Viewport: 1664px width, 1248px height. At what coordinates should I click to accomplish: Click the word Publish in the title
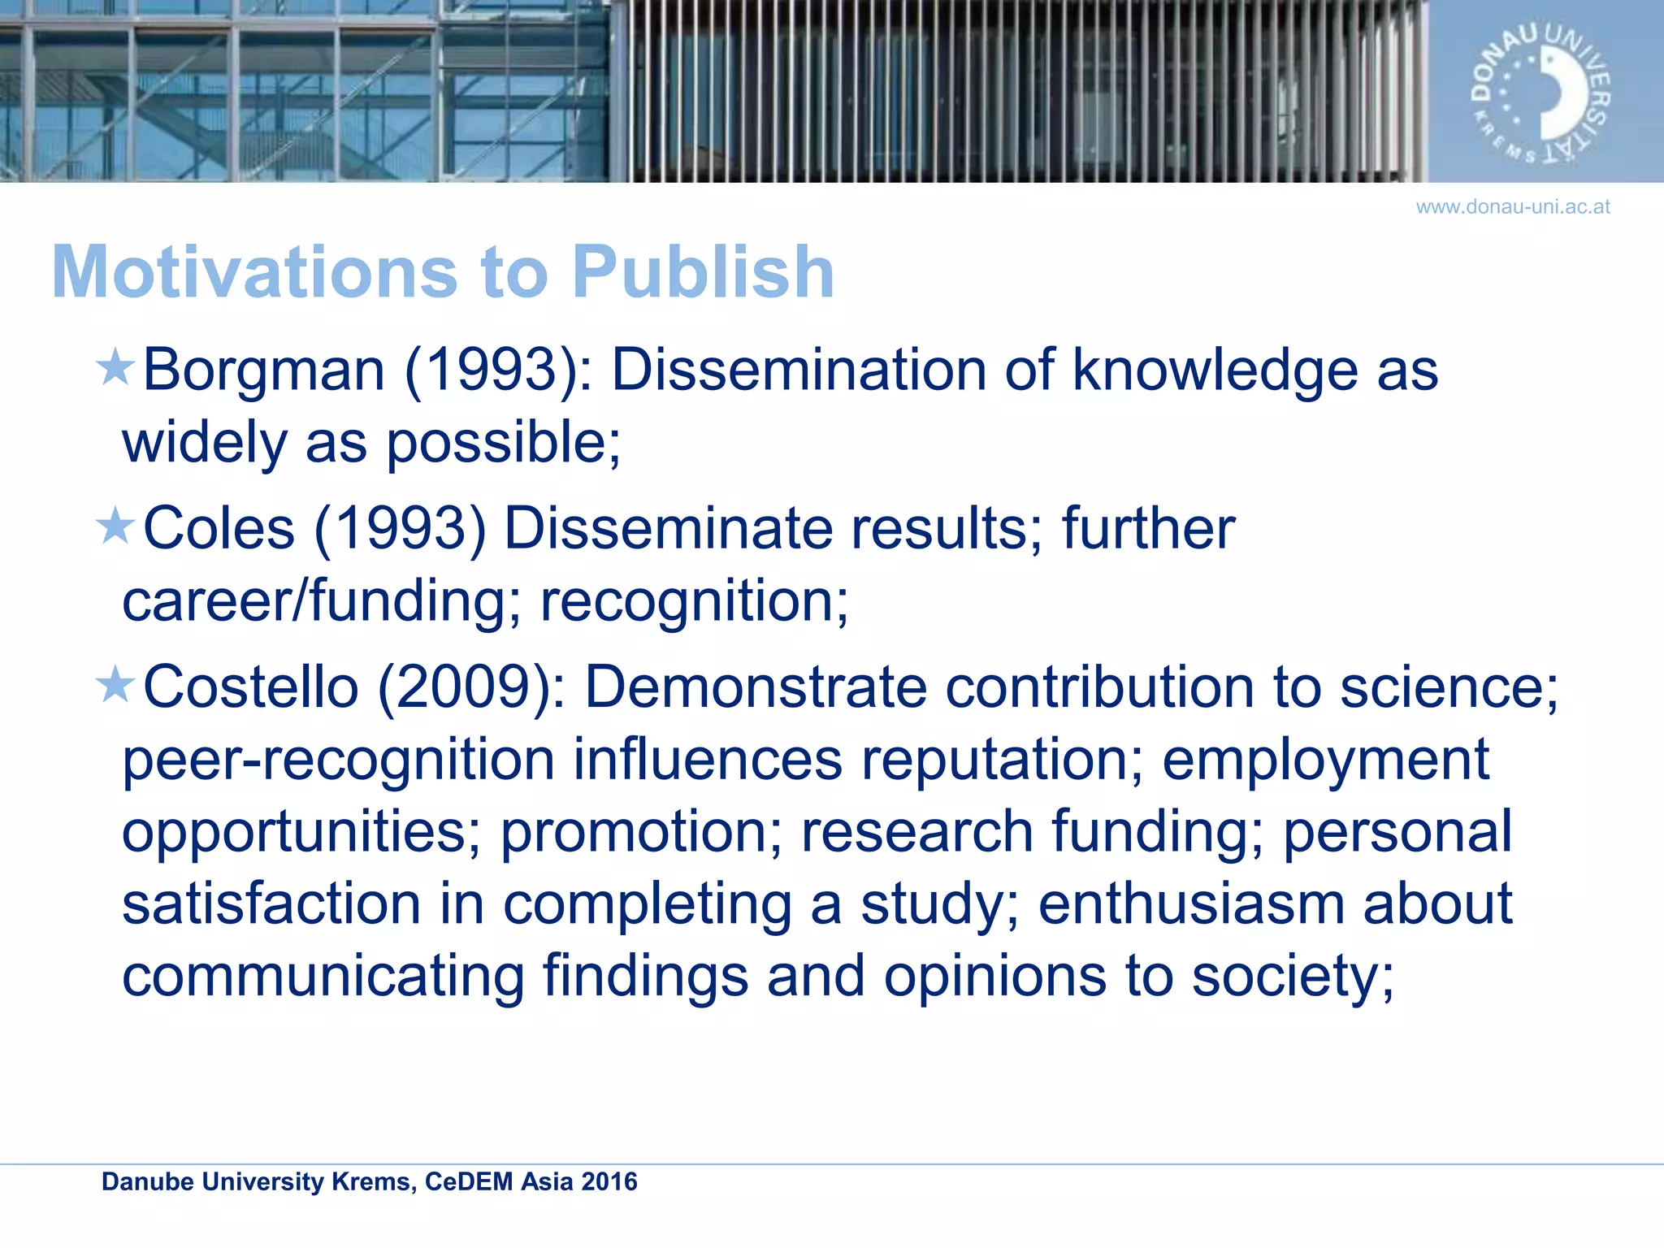[703, 272]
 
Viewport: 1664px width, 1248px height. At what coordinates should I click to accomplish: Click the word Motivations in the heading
[254, 272]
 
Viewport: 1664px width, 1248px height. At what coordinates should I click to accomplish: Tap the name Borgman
[263, 370]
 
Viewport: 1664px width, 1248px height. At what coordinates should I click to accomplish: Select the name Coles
[219, 529]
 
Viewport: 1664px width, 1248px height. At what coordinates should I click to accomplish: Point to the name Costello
[250, 687]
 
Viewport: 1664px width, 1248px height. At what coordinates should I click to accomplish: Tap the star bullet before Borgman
[115, 367]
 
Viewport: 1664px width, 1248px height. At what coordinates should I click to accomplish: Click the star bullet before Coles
[115, 526]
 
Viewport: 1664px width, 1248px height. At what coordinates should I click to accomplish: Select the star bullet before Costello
[115, 684]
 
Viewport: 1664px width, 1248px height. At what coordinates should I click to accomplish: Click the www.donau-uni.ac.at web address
[1513, 207]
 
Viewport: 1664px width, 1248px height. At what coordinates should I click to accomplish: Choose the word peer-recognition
[339, 760]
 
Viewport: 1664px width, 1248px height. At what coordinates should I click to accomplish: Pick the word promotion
[641, 832]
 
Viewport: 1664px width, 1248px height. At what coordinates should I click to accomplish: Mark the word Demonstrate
[756, 687]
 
